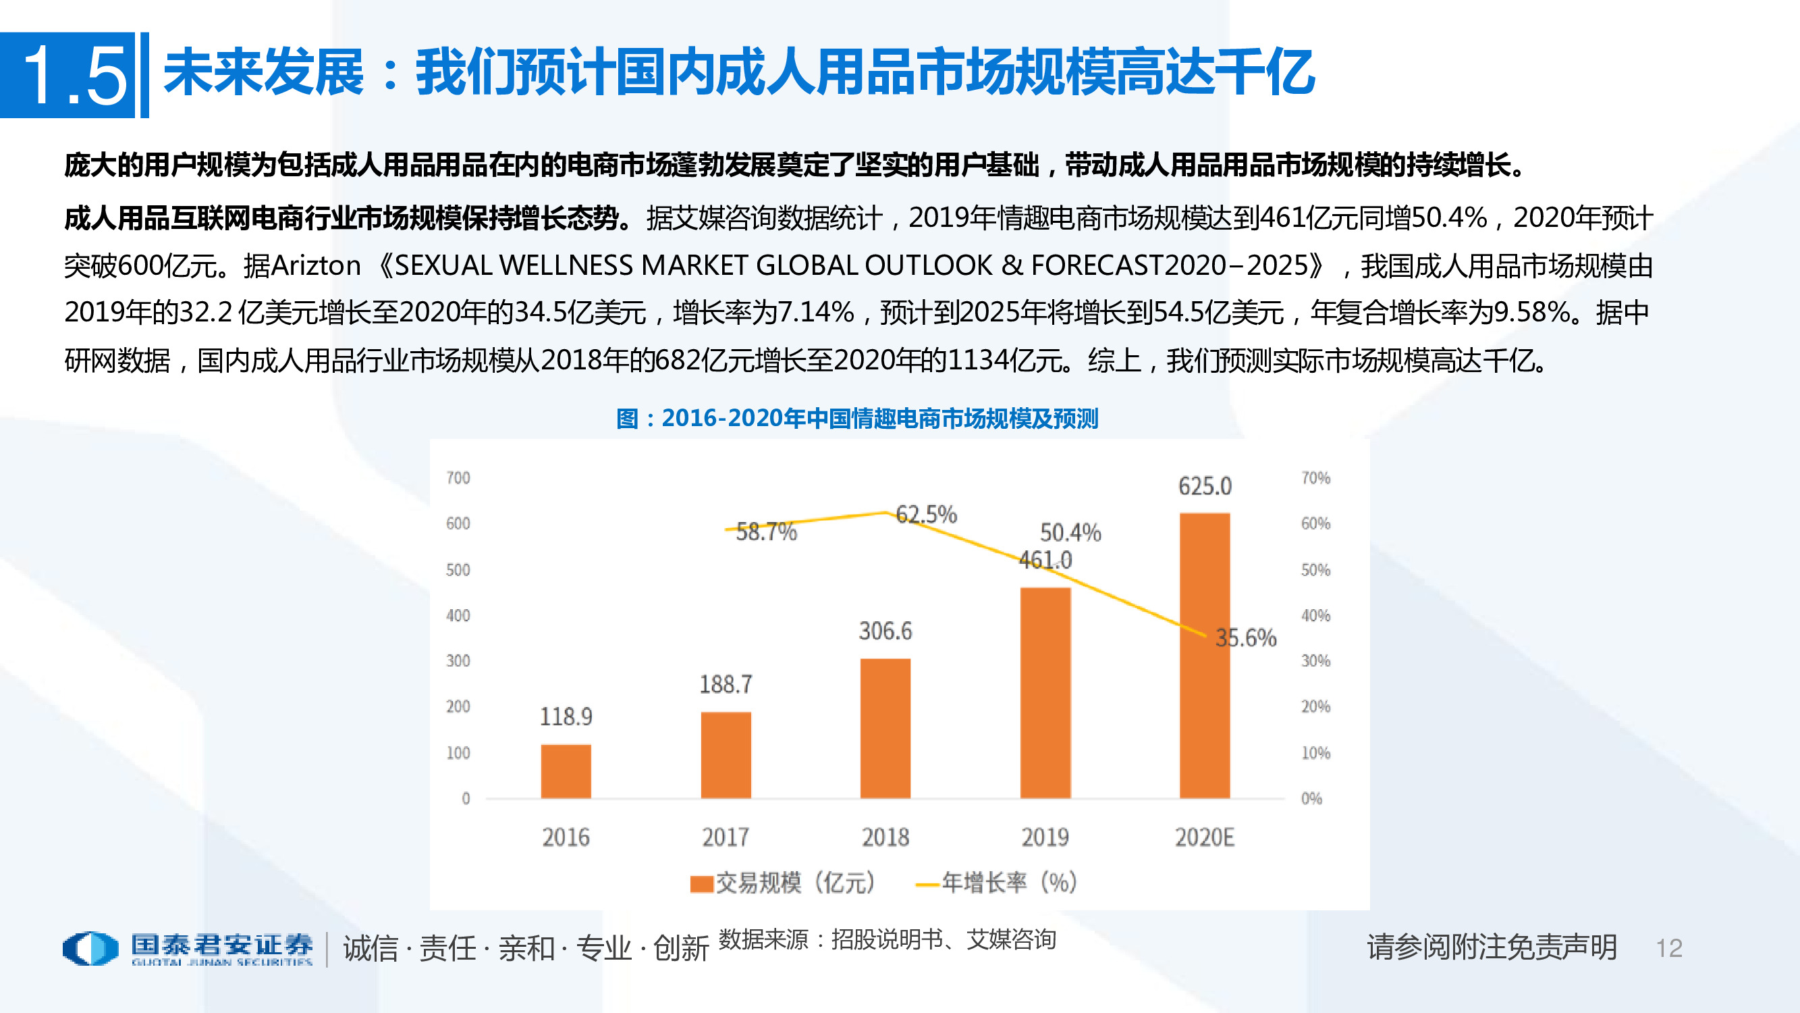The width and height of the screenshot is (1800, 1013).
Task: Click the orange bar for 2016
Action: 566,771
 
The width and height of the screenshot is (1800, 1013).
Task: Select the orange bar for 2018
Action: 885,728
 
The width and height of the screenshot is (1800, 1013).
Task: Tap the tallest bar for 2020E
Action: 1205,655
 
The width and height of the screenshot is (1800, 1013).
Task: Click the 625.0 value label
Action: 1205,486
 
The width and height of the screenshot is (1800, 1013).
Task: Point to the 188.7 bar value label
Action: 726,683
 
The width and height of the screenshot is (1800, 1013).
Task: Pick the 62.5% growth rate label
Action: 926,515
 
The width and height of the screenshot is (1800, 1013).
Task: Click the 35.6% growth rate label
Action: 1246,638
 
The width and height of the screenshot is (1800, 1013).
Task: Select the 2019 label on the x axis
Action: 1045,837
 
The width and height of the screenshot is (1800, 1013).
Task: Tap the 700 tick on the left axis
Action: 458,478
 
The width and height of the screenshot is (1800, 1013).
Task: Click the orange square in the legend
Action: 701,883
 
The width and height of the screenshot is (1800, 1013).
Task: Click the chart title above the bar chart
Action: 857,418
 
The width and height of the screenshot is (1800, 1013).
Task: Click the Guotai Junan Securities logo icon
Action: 91,948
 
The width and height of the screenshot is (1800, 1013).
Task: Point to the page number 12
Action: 1668,948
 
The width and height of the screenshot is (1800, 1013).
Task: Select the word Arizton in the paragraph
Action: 316,265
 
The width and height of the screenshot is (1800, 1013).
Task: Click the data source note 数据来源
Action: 763,939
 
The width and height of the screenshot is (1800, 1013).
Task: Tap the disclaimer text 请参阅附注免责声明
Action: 1492,947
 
